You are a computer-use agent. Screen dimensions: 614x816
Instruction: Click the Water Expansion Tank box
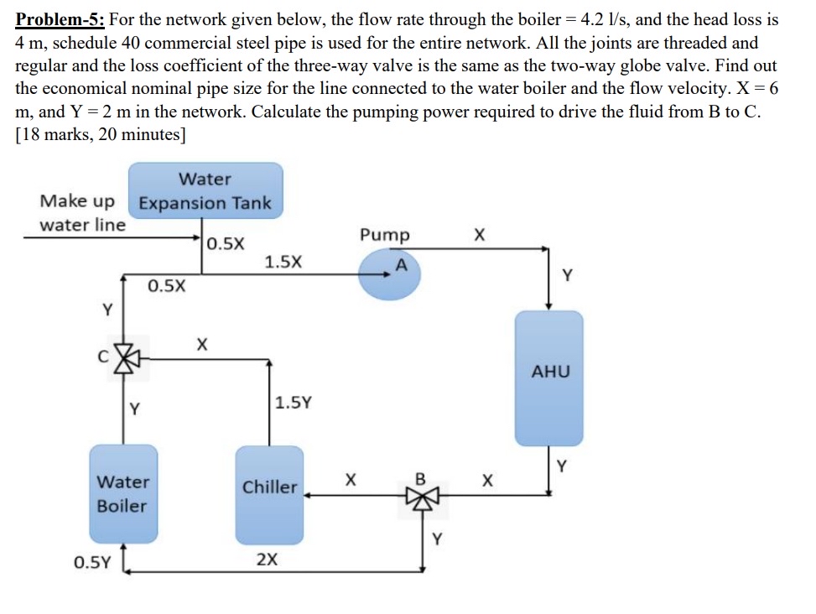[205, 191]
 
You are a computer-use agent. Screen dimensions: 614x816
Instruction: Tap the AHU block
[548, 377]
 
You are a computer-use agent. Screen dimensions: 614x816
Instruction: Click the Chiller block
[269, 495]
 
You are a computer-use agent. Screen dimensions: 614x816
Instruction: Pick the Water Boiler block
[123, 494]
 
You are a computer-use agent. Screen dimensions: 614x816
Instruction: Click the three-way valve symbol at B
[422, 496]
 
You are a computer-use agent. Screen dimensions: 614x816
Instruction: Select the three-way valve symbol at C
[124, 358]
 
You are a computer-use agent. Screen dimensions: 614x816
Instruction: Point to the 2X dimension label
[267, 559]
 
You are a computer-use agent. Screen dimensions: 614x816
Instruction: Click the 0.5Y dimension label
[91, 561]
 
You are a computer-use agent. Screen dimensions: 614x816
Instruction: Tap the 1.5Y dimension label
[294, 402]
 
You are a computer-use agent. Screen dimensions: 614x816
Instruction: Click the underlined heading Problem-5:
[59, 18]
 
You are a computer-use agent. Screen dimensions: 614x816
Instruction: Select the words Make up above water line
[78, 201]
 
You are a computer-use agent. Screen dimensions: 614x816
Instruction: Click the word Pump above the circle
[385, 235]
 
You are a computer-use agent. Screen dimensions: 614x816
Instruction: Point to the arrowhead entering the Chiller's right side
[308, 496]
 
